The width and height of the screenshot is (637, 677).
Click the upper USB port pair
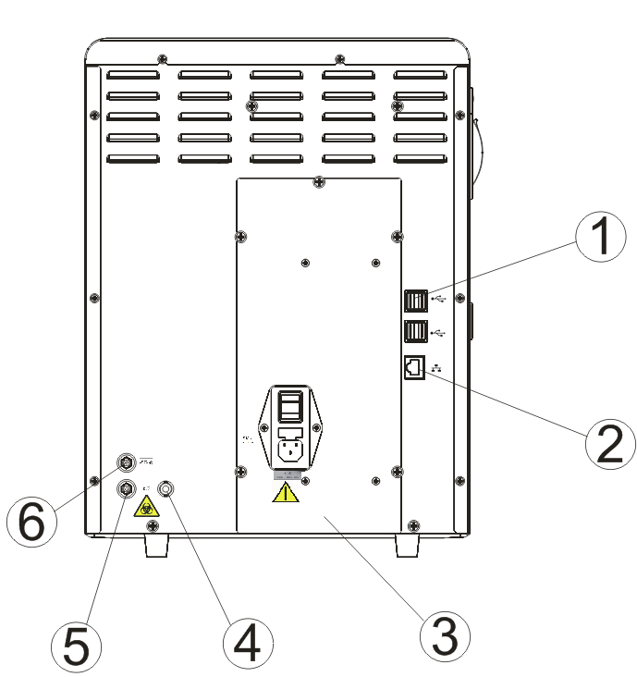[x=415, y=302]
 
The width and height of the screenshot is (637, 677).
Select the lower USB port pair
[x=415, y=331]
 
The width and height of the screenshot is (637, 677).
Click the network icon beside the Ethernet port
[x=437, y=367]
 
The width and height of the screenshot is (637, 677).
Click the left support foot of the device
[x=154, y=548]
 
